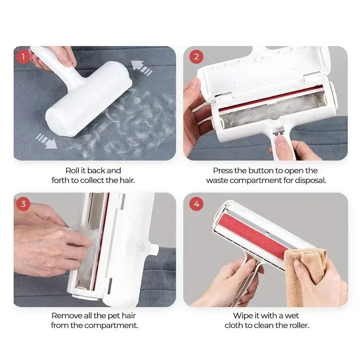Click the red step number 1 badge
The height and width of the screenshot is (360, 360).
coord(23,57)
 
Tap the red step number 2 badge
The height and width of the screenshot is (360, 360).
coord(196,57)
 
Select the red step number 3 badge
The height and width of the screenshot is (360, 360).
coord(23,204)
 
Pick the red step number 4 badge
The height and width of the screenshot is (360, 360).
coord(196,204)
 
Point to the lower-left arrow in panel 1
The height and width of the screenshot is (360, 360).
coord(46,140)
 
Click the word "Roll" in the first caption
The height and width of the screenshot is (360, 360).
coord(73,171)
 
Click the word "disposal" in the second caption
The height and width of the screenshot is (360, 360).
coord(311,180)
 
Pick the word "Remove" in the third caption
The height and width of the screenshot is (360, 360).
coord(65,316)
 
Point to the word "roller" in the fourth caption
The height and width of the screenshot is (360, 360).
coord(298,325)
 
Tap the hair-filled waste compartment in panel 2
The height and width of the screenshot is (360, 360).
coord(261,115)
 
